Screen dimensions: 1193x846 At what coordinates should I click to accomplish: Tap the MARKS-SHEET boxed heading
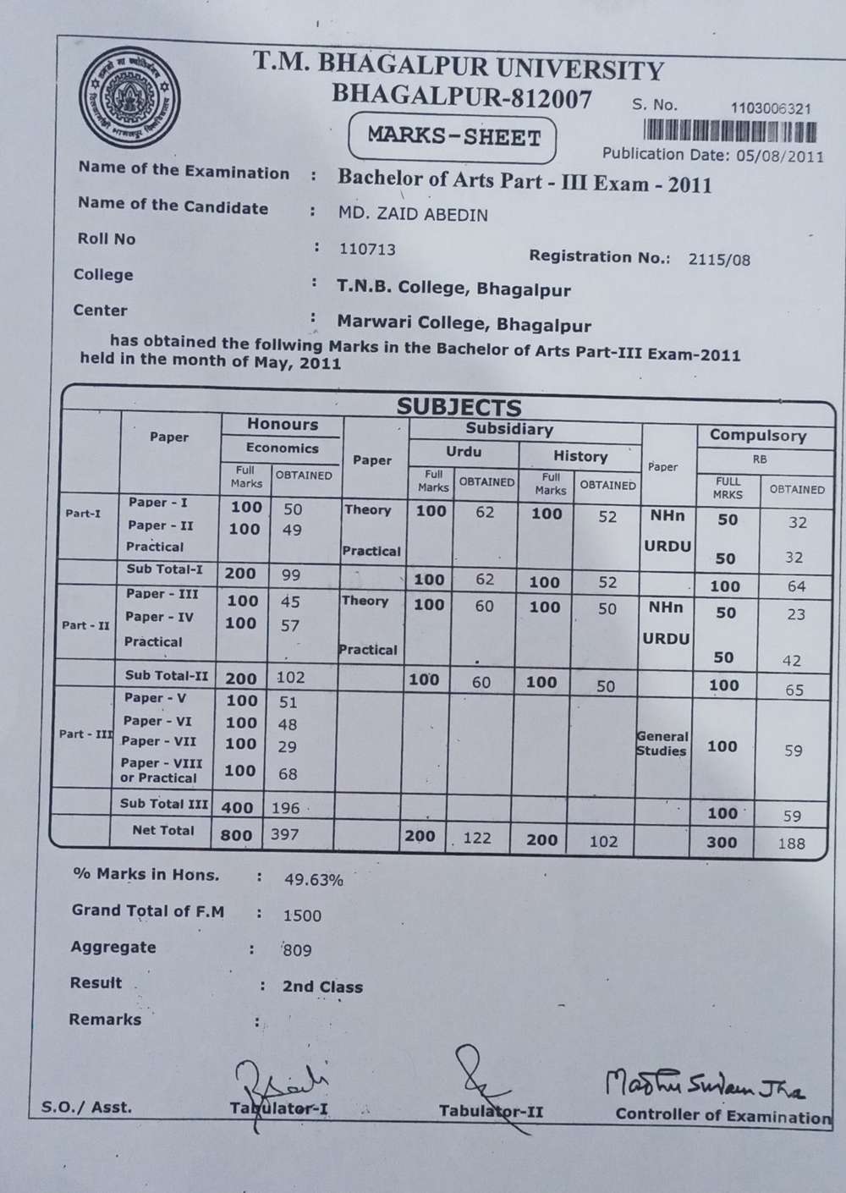point(453,137)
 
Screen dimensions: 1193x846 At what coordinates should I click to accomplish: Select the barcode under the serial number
point(730,131)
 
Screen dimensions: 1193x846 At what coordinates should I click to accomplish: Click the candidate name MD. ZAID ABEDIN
point(413,215)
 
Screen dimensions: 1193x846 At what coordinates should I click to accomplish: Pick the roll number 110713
point(367,250)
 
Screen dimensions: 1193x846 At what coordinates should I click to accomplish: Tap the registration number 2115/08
point(719,260)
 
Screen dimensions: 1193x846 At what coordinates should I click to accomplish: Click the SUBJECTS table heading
point(459,407)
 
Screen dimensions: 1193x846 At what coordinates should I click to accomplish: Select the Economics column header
point(283,448)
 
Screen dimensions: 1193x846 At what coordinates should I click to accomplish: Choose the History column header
point(580,456)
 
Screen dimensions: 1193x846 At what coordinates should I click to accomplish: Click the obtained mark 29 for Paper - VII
point(288,746)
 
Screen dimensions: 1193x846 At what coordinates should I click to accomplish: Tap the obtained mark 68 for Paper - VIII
point(288,773)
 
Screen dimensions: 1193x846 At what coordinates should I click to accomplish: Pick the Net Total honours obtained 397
point(286,835)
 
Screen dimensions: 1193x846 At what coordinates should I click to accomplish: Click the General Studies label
point(662,744)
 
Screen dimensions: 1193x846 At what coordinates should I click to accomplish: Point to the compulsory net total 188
point(791,843)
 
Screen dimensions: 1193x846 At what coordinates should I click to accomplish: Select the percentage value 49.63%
point(314,880)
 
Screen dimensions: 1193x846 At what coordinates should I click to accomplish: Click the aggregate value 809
point(298,950)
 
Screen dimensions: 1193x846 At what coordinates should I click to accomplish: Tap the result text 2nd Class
point(322,987)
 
